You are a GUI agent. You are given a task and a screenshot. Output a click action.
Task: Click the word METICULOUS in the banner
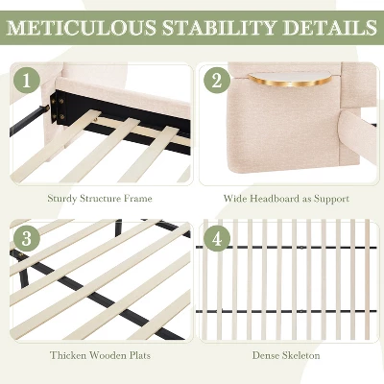click(82, 28)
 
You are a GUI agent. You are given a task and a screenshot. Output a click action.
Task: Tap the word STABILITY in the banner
click(219, 28)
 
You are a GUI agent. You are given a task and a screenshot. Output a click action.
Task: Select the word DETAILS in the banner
click(329, 28)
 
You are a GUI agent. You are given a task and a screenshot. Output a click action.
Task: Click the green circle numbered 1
click(27, 81)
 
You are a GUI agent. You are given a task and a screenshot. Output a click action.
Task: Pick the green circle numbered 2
click(217, 81)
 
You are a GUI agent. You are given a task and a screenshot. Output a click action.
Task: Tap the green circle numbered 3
click(27, 238)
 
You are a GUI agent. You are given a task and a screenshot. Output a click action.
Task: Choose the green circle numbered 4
click(217, 238)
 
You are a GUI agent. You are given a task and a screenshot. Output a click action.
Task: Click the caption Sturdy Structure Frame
click(100, 199)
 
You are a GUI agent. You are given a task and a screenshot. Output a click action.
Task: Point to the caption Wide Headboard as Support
click(286, 199)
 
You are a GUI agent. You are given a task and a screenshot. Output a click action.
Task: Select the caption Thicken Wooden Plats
click(100, 355)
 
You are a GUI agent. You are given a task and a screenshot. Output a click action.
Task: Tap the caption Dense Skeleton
click(286, 355)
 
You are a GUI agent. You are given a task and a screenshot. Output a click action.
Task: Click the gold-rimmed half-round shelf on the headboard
click(290, 80)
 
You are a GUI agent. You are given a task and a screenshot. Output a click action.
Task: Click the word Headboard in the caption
click(275, 199)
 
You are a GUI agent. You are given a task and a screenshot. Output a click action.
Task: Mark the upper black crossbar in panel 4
click(286, 248)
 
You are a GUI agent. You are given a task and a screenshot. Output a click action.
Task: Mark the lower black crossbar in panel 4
click(286, 311)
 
